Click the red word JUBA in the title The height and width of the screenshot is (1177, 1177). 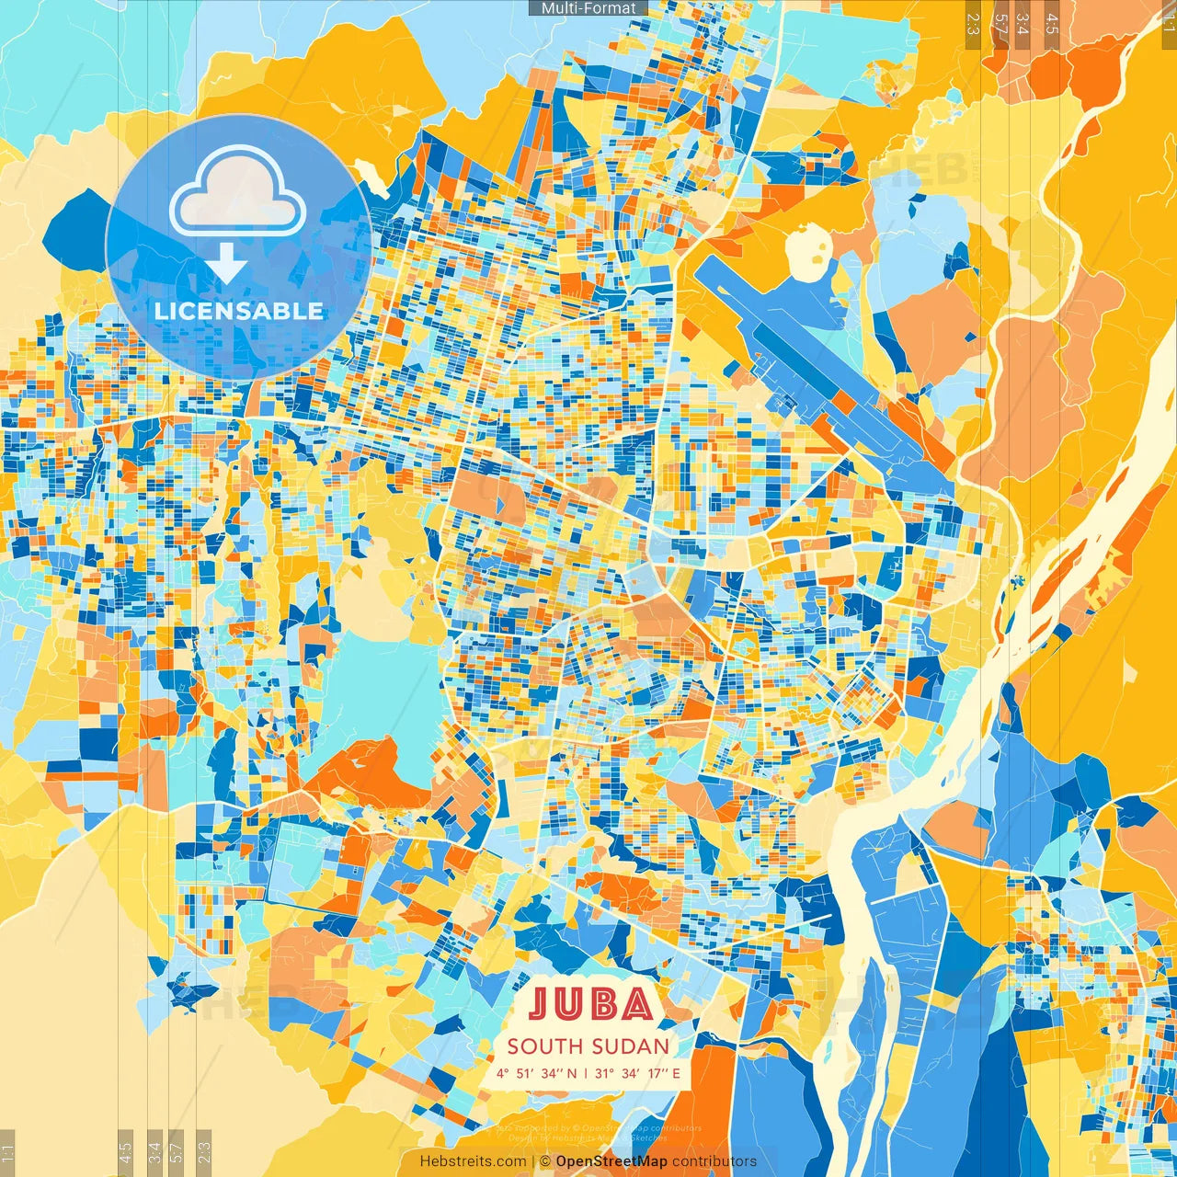591,1004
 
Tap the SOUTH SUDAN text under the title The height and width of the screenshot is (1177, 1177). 588,1046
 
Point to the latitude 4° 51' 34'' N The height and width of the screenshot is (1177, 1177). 537,1073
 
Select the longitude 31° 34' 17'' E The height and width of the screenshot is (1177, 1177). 638,1073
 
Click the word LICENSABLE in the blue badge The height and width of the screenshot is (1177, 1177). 239,311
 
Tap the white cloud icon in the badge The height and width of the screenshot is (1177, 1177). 238,191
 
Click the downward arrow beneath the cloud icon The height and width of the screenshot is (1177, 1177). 227,264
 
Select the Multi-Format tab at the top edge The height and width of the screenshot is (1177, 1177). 588,8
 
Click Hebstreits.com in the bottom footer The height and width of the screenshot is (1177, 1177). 474,1161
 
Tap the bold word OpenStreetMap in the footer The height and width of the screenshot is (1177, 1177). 611,1161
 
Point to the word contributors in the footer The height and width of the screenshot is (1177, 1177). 714,1161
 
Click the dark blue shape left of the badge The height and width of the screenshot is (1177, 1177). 78,230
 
